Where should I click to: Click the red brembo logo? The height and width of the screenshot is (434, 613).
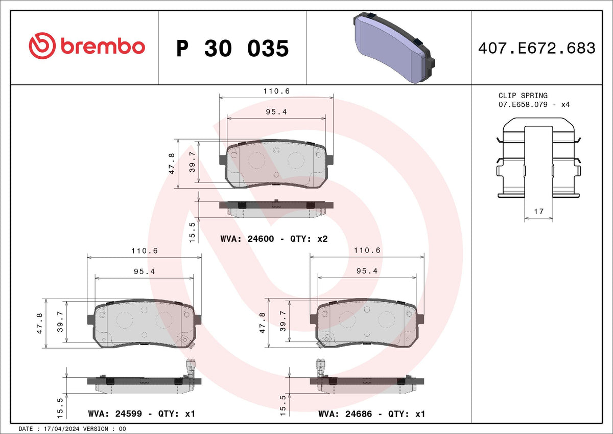pos(87,45)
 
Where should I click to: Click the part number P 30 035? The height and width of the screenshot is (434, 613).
pos(232,49)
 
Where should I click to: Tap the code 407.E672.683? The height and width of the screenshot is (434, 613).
pos(537,48)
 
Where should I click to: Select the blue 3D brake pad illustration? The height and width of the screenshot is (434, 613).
pos(394,48)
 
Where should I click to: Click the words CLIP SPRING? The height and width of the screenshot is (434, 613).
pos(523,96)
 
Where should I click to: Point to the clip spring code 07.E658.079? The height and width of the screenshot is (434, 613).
pos(523,105)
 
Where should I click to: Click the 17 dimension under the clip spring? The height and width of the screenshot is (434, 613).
pos(538,212)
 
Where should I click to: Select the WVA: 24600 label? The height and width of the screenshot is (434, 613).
pos(247,239)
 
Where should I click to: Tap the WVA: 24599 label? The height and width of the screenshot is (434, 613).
pos(115,414)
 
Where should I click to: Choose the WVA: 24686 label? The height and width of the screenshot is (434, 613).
pos(345,414)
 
